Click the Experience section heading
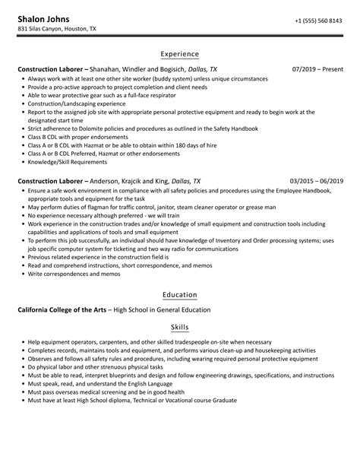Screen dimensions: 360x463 point(180,54)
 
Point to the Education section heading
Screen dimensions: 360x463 point(180,294)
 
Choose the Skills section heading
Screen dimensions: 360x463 point(180,327)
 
